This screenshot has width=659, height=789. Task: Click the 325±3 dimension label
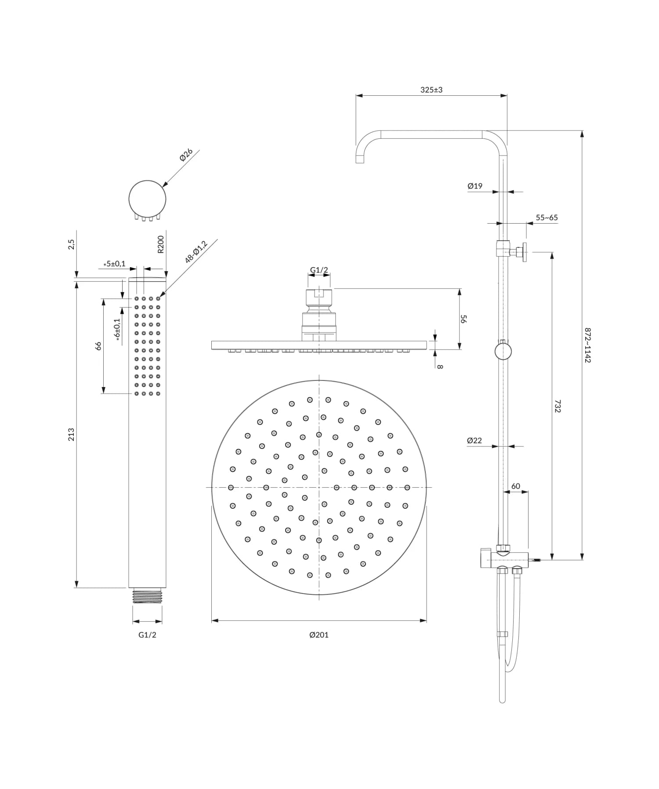pos(431,90)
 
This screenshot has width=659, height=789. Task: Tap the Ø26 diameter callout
pos(186,155)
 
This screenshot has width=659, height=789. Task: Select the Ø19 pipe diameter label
pos(475,186)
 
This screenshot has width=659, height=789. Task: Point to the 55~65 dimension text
pos(547,217)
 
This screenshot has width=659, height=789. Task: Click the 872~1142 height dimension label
pos(587,345)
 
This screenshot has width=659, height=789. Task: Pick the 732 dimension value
pos(558,406)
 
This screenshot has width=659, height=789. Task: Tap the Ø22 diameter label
pos(474,440)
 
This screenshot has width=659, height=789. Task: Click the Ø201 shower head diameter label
pos(319,635)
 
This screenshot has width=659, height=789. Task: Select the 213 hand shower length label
pos(71,434)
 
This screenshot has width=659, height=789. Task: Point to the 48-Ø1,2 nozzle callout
pos(196,252)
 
